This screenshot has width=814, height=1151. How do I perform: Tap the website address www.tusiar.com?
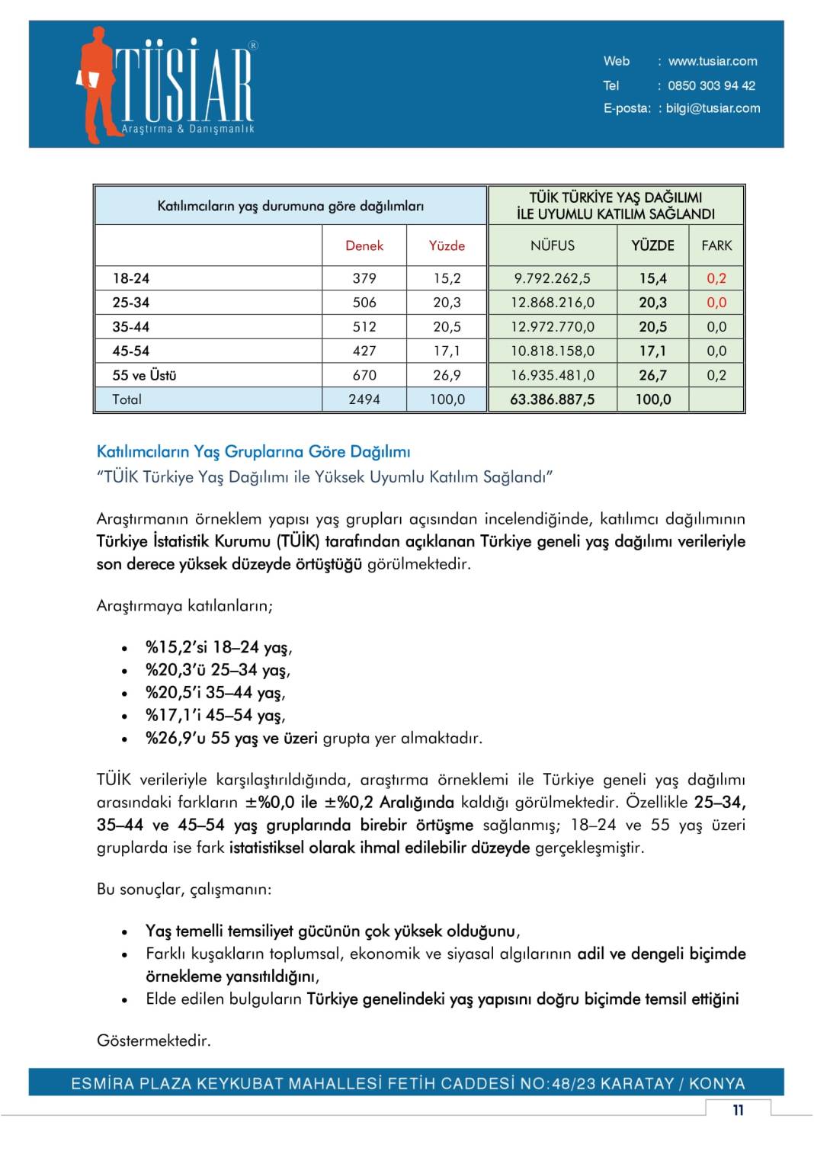(713, 61)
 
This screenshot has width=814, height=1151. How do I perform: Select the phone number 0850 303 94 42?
(711, 85)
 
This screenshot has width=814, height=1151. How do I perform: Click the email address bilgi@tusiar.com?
(713, 108)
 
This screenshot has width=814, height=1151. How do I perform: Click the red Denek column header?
(364, 245)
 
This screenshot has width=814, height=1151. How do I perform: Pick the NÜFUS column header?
(553, 245)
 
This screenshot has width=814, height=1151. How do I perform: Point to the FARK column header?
(716, 245)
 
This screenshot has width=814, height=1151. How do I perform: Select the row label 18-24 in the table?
(131, 278)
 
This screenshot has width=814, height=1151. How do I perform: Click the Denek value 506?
(364, 303)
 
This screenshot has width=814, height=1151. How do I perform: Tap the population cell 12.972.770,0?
(553, 327)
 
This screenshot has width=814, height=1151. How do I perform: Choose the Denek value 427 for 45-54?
(364, 351)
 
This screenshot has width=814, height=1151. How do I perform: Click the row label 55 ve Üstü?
(144, 375)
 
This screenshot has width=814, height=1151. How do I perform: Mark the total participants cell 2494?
(364, 399)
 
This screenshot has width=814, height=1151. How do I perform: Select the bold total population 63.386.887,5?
(553, 399)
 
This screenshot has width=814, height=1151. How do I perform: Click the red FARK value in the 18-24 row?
(716, 278)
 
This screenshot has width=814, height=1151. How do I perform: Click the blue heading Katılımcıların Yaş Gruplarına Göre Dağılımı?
(253, 451)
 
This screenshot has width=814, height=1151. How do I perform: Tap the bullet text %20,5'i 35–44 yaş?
(215, 693)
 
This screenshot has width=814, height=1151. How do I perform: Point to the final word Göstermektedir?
(153, 1040)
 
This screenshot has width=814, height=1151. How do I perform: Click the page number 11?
(738, 1110)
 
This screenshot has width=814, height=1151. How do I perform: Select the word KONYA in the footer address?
(717, 1083)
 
